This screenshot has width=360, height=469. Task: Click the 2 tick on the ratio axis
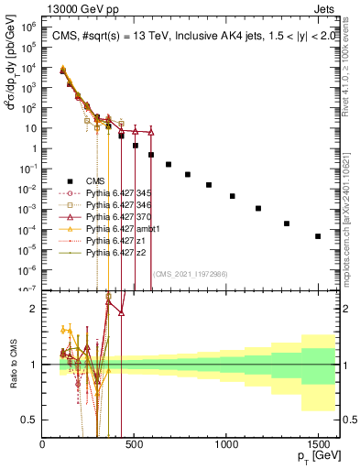click(x=35, y=309)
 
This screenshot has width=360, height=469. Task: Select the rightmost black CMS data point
click(x=317, y=236)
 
